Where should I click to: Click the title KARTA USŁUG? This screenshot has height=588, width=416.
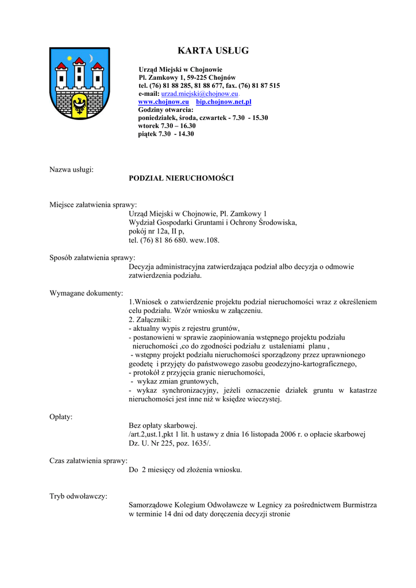click(x=213, y=51)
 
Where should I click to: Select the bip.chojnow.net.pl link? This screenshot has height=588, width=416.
click(x=224, y=102)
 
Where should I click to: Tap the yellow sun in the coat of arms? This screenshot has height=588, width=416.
click(x=70, y=58)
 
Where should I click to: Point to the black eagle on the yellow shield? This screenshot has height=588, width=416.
click(x=79, y=105)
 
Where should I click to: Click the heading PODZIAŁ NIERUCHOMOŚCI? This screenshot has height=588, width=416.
click(x=181, y=178)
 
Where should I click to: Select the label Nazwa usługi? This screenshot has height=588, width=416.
click(x=72, y=169)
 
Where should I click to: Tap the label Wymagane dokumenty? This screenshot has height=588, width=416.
click(x=86, y=293)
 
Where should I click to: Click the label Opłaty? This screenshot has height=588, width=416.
click(x=61, y=417)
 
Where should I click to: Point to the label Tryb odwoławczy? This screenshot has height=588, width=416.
click(x=78, y=496)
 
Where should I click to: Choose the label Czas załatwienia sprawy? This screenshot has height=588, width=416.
click(x=88, y=461)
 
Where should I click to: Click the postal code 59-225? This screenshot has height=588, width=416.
click(x=198, y=78)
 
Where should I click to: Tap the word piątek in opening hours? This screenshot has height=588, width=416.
click(x=147, y=134)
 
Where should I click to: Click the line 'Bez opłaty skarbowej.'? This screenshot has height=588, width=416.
click(x=163, y=425)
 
